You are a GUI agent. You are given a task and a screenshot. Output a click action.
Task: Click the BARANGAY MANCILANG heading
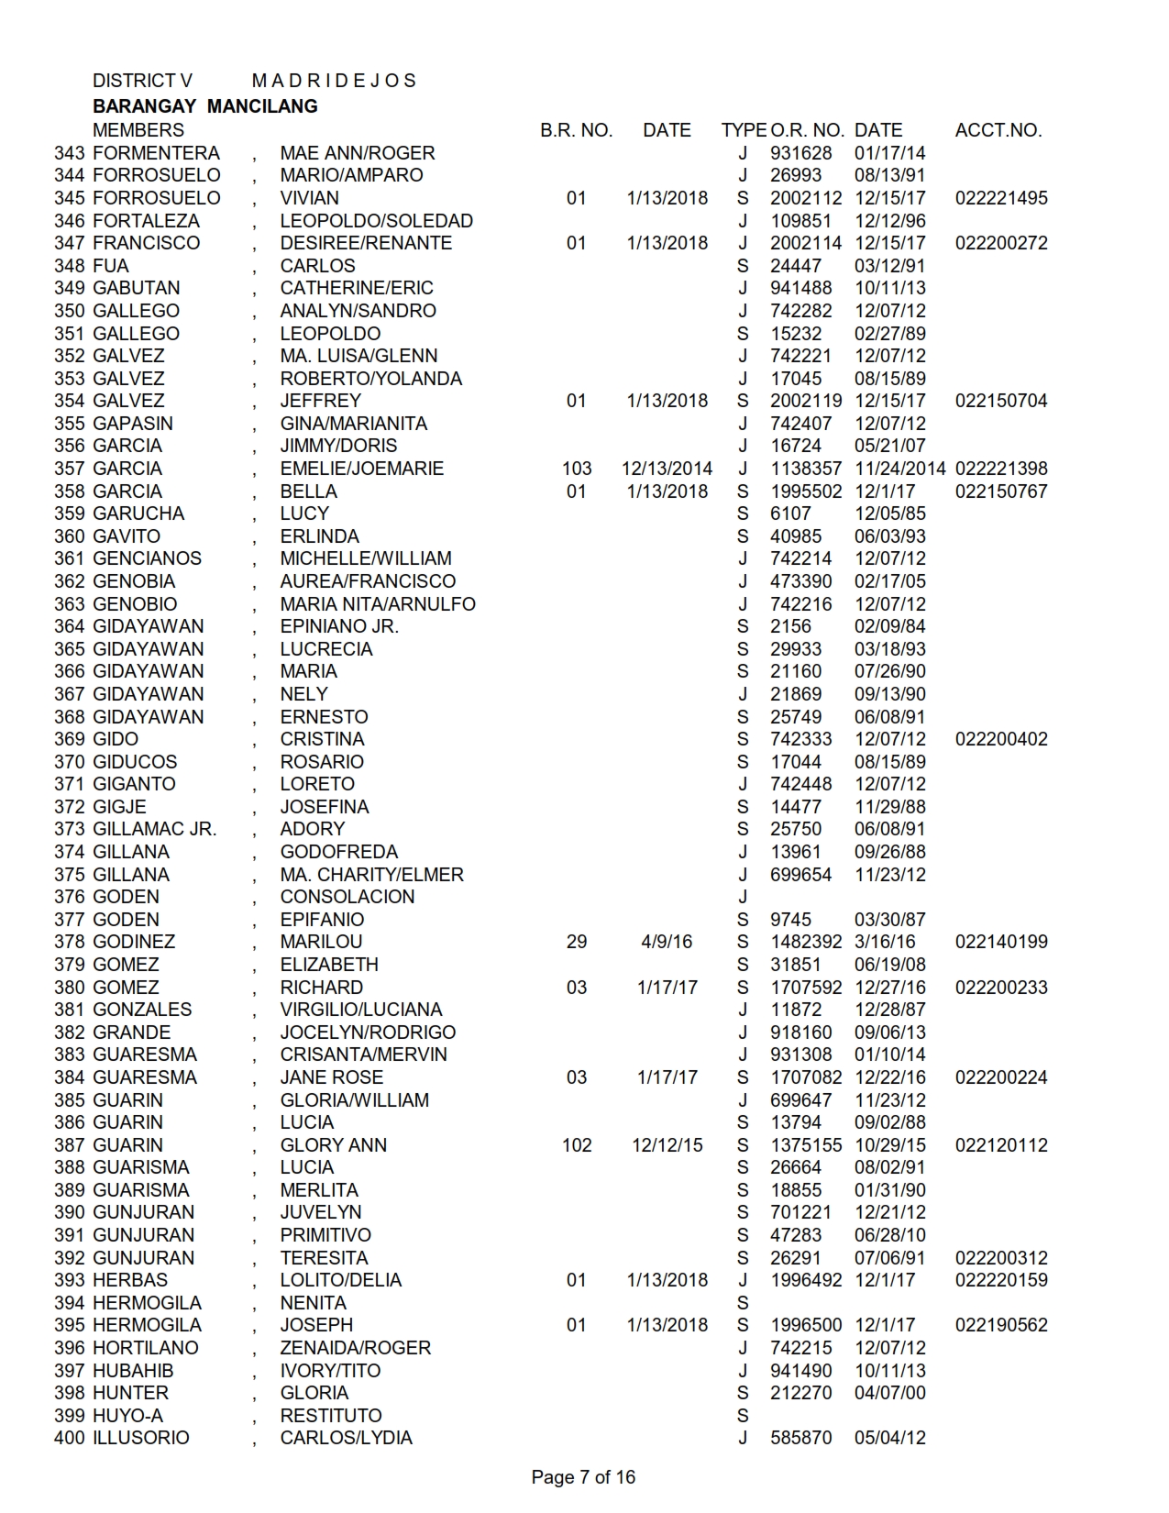click(x=205, y=106)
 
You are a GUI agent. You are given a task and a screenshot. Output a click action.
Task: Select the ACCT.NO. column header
click(x=998, y=130)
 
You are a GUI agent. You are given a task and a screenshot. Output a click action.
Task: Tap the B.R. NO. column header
click(x=576, y=130)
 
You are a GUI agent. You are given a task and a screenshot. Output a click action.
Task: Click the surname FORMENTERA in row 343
click(x=156, y=153)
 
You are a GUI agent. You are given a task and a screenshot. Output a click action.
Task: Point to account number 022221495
click(x=1000, y=198)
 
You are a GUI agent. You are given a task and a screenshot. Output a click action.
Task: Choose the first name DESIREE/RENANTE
click(x=366, y=243)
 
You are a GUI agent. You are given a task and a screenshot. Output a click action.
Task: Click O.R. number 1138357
click(x=805, y=469)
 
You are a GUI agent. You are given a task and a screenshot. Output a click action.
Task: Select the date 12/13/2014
click(x=667, y=469)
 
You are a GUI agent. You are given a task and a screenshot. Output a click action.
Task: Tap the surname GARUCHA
click(x=138, y=514)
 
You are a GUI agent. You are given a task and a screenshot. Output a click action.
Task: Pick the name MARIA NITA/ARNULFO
click(x=378, y=604)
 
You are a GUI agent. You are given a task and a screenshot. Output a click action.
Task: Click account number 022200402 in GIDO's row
click(x=1000, y=739)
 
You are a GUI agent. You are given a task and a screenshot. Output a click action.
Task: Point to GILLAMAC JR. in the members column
click(x=155, y=829)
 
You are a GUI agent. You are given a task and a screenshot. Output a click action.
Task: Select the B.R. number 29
click(x=576, y=942)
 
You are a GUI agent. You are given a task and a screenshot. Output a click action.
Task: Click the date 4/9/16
click(x=667, y=942)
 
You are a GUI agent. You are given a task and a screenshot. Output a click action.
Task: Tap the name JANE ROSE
click(x=331, y=1077)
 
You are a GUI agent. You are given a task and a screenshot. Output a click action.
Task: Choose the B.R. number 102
click(x=576, y=1145)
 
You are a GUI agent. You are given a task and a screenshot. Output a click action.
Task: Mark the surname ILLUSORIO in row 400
click(x=141, y=1438)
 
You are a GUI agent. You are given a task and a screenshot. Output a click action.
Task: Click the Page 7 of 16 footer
click(x=583, y=1477)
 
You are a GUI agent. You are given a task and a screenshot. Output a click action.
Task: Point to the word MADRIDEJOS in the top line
click(x=334, y=81)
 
